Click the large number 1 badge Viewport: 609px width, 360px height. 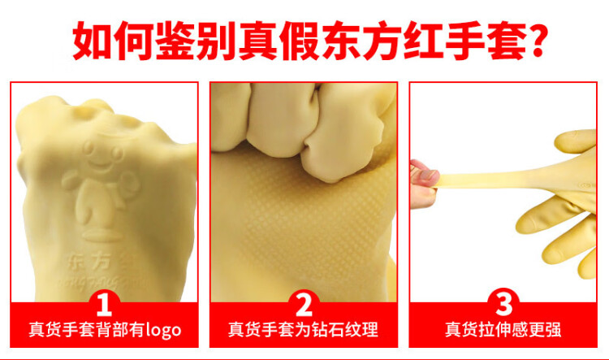(104, 305)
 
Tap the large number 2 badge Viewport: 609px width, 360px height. (304, 305)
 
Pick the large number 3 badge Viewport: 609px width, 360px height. (503, 303)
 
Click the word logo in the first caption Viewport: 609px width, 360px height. (163, 330)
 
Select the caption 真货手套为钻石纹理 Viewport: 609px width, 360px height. (304, 330)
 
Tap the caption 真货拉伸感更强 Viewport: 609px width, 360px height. (503, 330)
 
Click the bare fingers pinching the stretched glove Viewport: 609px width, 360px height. (423, 184)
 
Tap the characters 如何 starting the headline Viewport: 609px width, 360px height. (113, 41)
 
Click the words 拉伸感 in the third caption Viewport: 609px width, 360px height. (503, 330)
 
